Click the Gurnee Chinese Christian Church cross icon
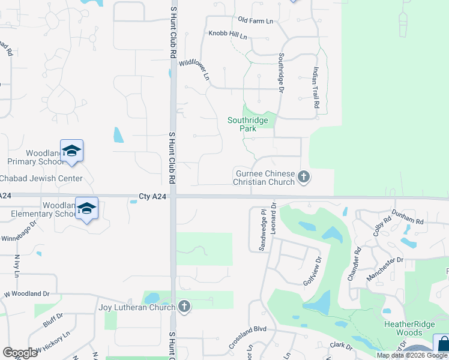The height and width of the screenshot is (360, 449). (x=304, y=176)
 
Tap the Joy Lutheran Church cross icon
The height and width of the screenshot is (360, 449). (x=184, y=307)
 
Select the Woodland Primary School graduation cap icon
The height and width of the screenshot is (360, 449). (x=71, y=151)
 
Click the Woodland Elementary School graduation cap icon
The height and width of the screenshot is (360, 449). (x=86, y=208)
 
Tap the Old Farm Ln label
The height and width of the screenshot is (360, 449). (x=255, y=21)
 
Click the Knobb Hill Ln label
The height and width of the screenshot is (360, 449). (x=228, y=35)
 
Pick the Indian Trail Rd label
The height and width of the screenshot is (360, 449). (x=315, y=88)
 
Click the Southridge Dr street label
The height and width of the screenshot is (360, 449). (x=280, y=73)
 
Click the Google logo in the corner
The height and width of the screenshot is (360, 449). (x=20, y=353)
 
